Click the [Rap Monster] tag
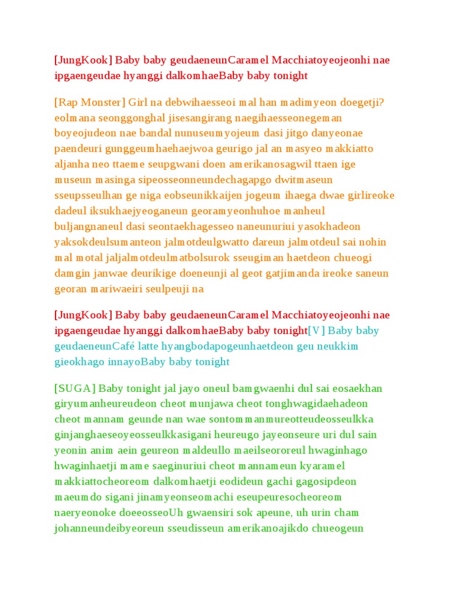89,102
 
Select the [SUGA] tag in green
75,388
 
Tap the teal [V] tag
317,331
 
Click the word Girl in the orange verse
139,102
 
